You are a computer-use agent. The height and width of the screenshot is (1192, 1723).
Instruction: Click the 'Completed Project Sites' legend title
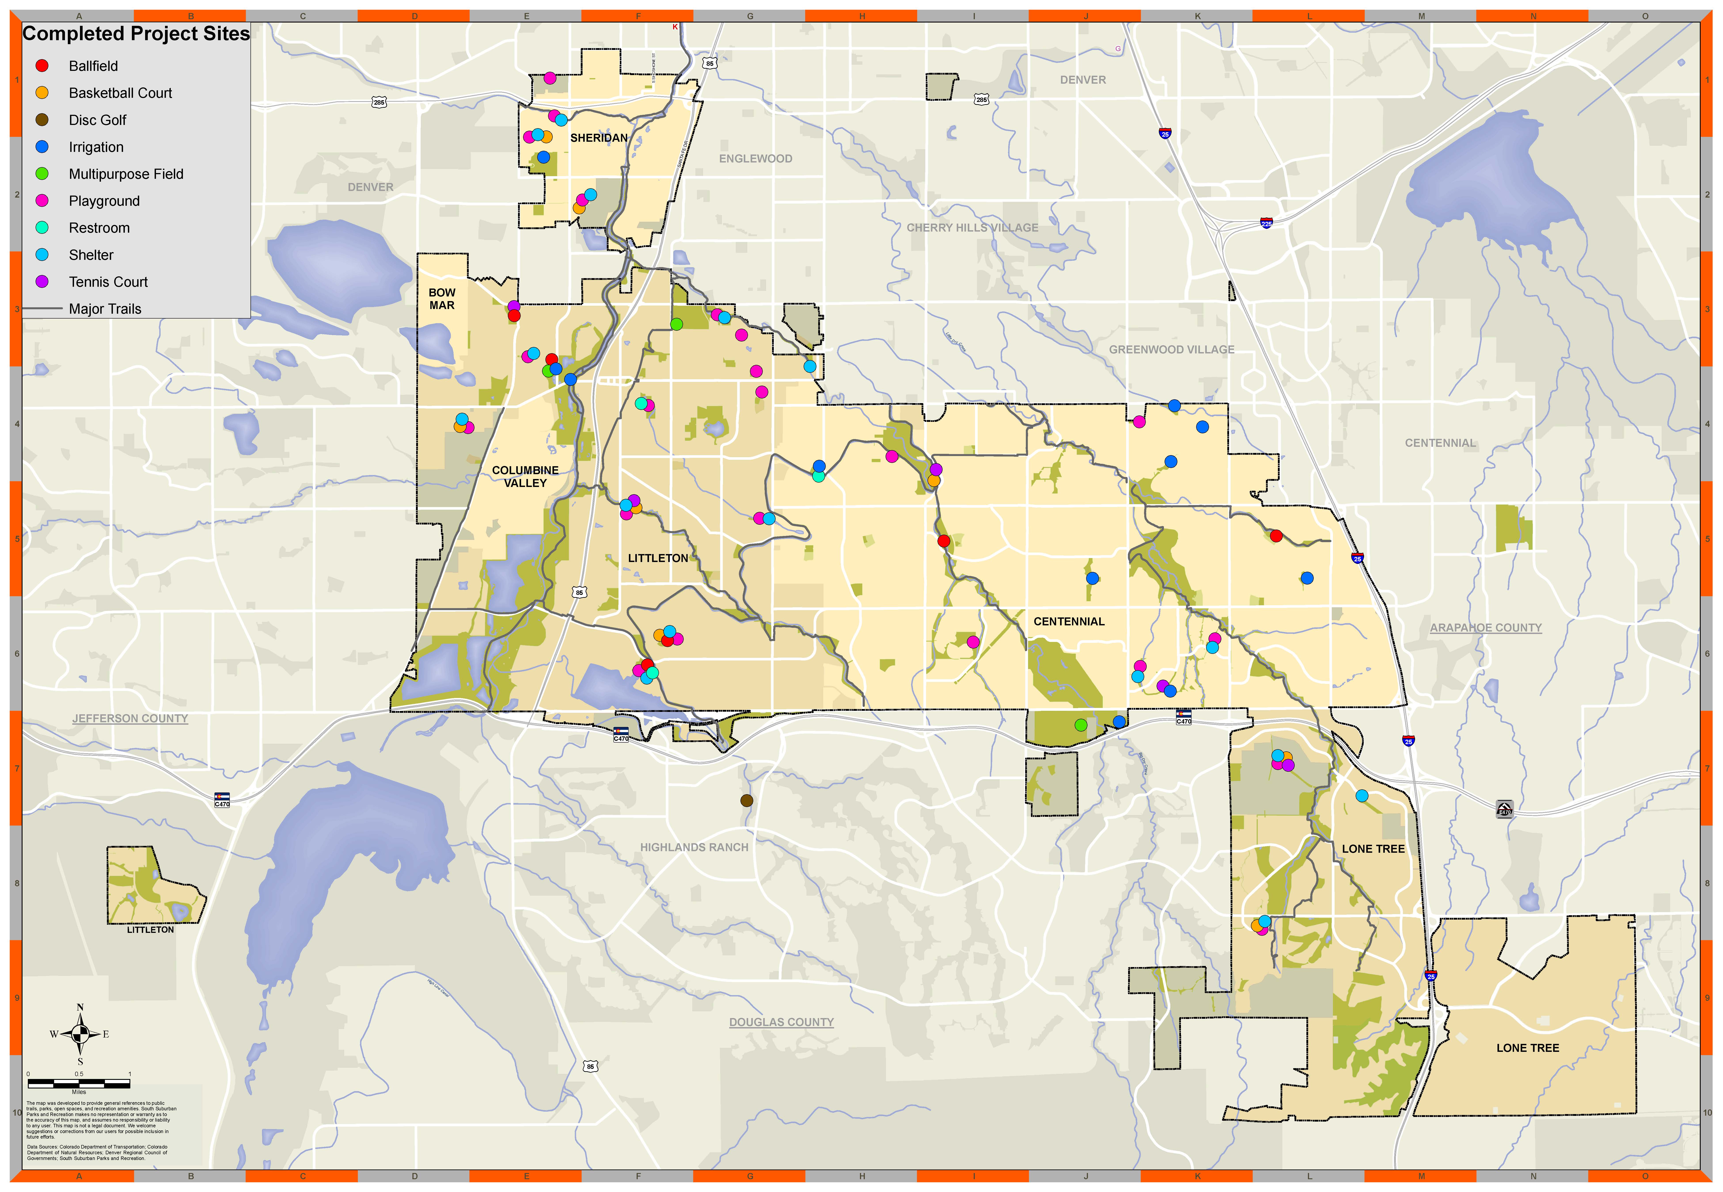pos(136,34)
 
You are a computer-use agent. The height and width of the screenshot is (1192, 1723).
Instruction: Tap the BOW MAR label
pos(442,299)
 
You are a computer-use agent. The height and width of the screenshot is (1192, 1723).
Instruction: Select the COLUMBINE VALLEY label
pos(525,477)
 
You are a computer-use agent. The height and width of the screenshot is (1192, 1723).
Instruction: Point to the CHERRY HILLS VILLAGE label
pos(972,228)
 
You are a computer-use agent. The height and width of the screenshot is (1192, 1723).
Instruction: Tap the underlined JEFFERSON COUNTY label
pos(130,719)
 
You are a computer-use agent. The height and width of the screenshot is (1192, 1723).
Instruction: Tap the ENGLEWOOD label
pos(755,158)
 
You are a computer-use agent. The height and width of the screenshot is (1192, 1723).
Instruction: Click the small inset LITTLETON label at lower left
pos(150,930)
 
